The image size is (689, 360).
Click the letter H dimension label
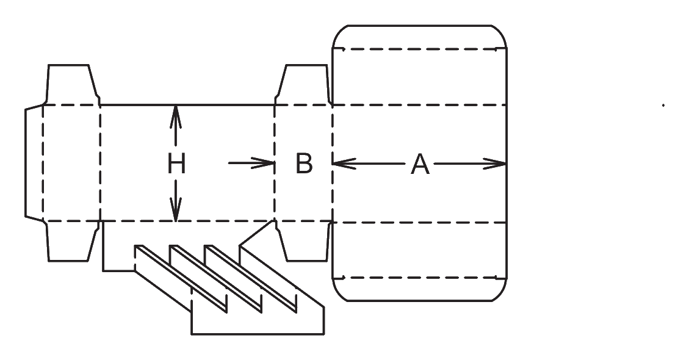click(176, 164)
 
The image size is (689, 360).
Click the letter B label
click(304, 164)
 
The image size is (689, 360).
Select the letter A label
click(420, 164)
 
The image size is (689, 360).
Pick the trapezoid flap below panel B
click(304, 241)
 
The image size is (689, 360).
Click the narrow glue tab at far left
click(34, 163)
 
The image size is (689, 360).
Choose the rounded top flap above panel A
click(420, 65)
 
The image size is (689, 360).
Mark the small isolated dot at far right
click(663, 105)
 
